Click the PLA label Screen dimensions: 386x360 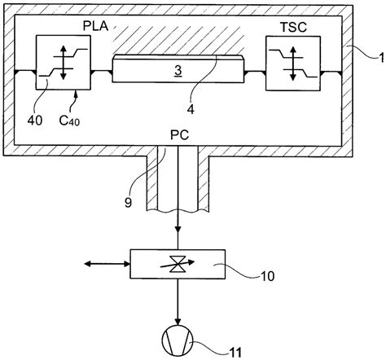tap(95, 26)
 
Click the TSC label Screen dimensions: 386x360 tap(293, 27)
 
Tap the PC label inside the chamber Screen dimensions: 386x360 tap(179, 135)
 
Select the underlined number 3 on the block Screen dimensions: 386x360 tap(178, 71)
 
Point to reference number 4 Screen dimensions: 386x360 tap(191, 109)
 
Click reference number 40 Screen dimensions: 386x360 tap(35, 121)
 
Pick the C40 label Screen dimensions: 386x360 tap(69, 121)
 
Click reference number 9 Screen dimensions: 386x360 tap(128, 202)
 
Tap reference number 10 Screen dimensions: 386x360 tap(267, 276)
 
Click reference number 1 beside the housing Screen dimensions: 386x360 tap(381, 58)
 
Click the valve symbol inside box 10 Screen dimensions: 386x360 tap(178, 264)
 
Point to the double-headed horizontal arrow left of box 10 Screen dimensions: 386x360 tap(107, 263)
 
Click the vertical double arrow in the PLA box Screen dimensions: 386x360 tap(63, 63)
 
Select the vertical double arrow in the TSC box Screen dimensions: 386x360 tap(292, 64)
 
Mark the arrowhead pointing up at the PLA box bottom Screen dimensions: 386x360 tap(76, 94)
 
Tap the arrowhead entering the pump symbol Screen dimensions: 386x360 tap(178, 322)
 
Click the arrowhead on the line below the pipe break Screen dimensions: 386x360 tap(178, 230)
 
